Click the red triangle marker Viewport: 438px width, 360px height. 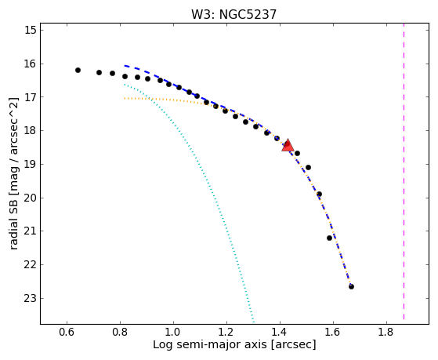point(288,145)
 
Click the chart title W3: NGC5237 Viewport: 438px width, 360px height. point(233,14)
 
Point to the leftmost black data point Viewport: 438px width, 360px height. point(78,71)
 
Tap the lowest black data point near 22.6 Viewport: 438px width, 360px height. point(351,286)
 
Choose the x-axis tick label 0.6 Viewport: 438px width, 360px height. point(67,332)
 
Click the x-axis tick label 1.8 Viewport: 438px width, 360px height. point(386,332)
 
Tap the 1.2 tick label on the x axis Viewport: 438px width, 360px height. point(226,332)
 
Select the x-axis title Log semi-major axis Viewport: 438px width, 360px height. point(234,345)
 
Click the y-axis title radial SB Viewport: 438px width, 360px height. point(13,173)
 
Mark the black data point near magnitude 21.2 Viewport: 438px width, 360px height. point(329,238)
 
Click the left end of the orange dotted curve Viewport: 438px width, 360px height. point(125,98)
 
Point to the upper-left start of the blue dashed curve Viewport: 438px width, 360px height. point(125,66)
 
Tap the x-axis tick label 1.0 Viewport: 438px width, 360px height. point(173,332)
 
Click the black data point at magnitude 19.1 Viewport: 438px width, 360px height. point(309,168)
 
